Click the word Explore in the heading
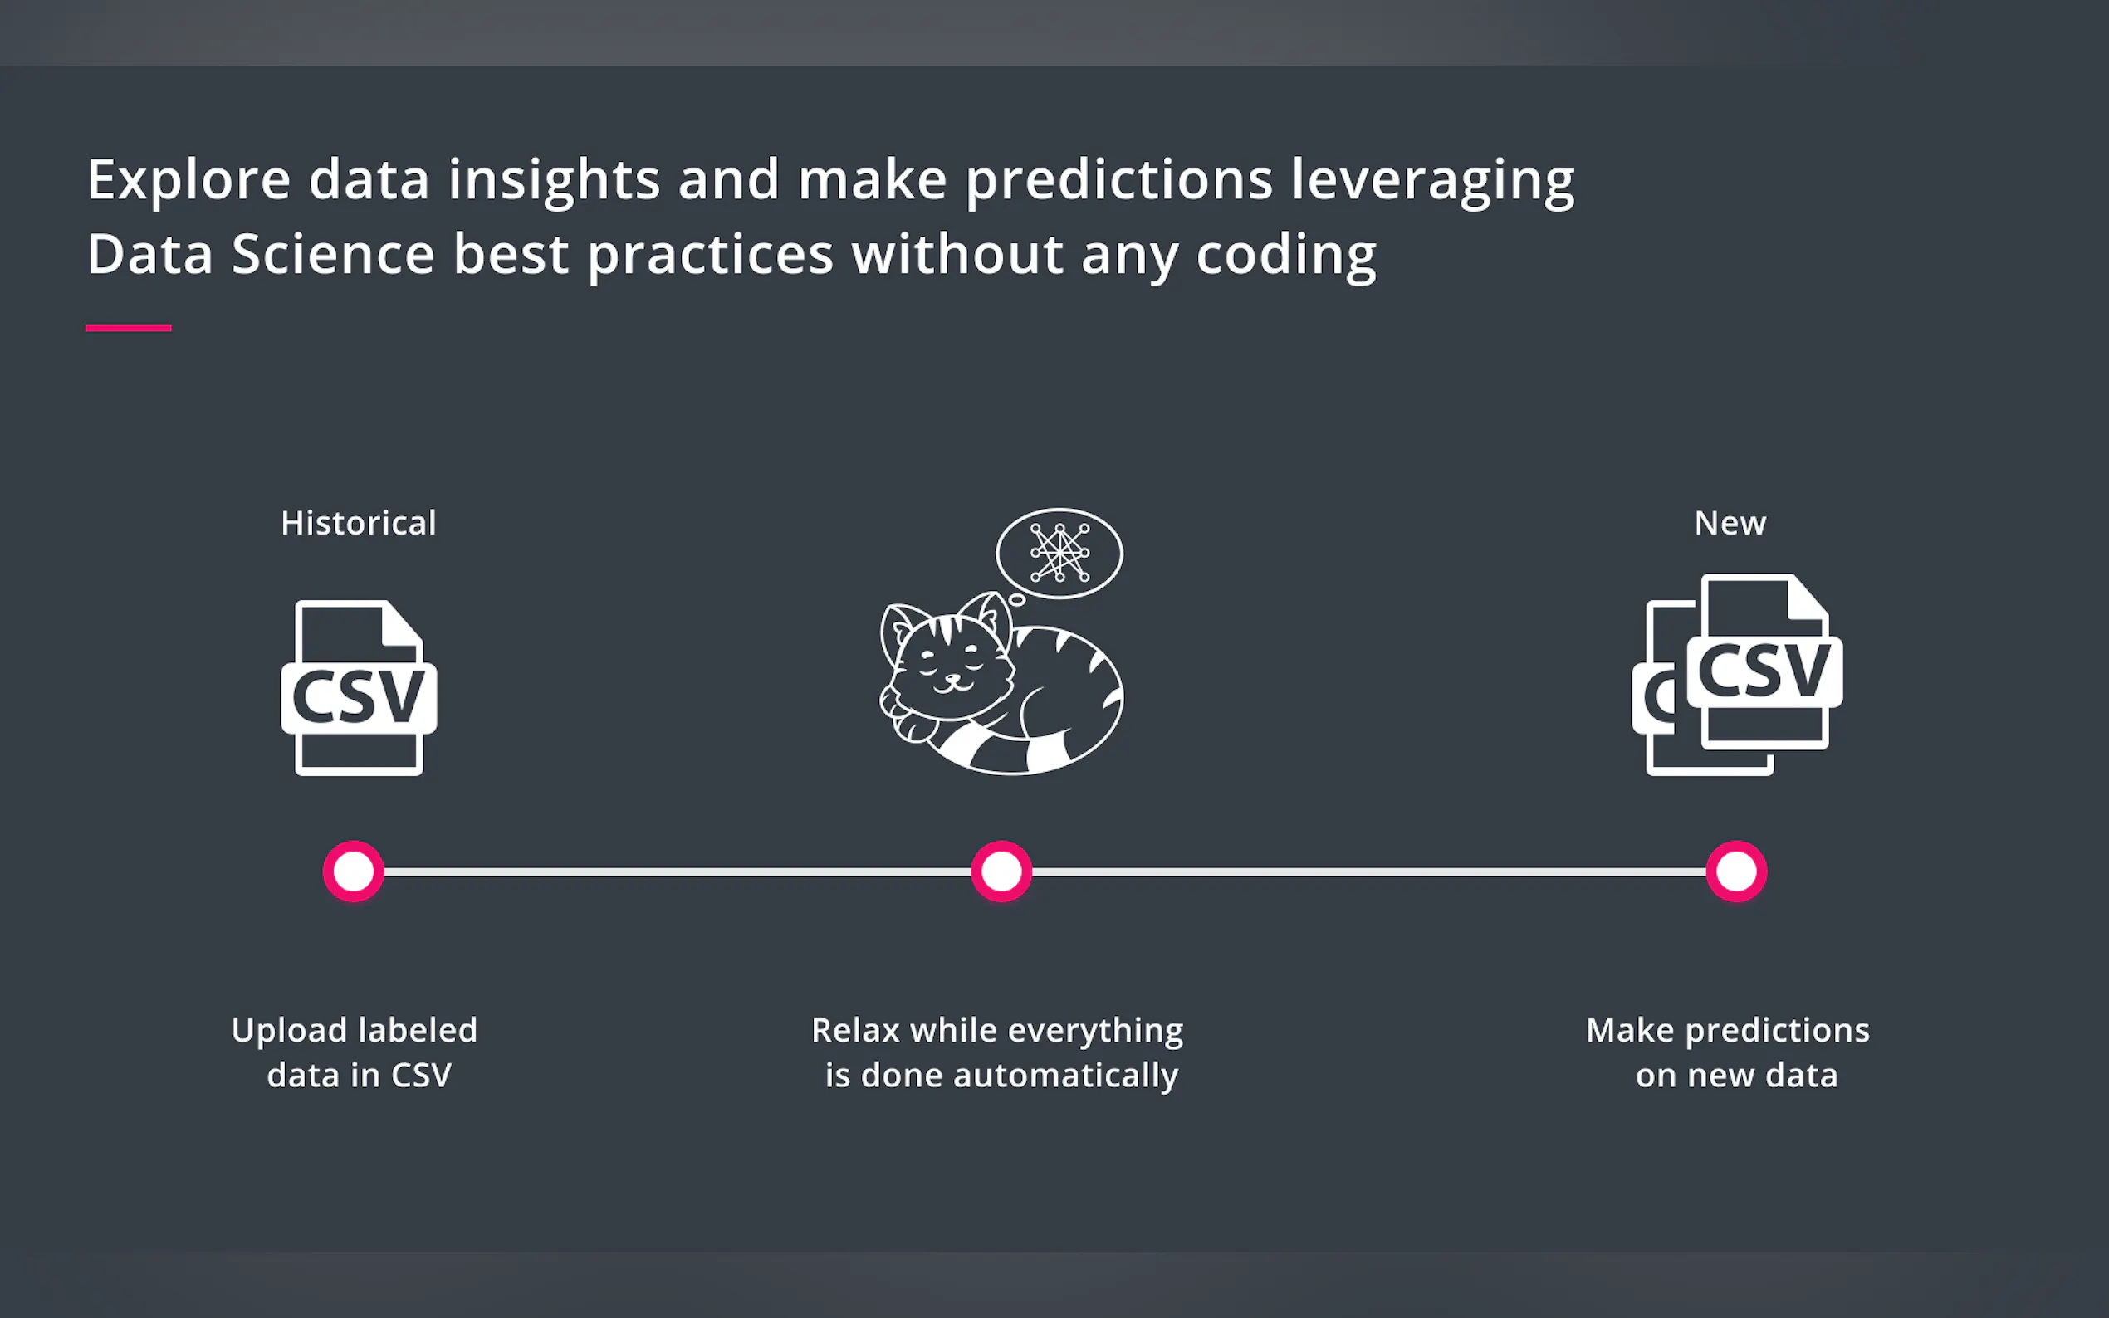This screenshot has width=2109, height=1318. pyautogui.click(x=188, y=179)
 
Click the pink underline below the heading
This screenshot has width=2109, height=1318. pyautogui.click(x=128, y=328)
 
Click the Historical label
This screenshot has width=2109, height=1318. pyautogui.click(x=359, y=523)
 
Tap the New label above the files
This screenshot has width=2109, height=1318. pyautogui.click(x=1730, y=523)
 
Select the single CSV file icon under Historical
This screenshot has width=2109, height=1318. pyautogui.click(x=360, y=688)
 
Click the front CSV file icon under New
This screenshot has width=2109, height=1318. pyautogui.click(x=1764, y=661)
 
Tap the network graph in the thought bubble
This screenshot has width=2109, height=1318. pyautogui.click(x=1059, y=553)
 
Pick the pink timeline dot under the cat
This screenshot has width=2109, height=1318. pyautogui.click(x=1001, y=871)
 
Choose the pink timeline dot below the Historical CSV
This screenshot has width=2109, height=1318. pyautogui.click(x=353, y=871)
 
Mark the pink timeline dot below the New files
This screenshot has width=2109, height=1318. pyautogui.click(x=1737, y=871)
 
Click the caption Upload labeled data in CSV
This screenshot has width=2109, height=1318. pyautogui.click(x=355, y=1052)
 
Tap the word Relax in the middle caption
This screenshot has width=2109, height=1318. pyautogui.click(x=855, y=1030)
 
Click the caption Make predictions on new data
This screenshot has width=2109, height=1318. pyautogui.click(x=1728, y=1052)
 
